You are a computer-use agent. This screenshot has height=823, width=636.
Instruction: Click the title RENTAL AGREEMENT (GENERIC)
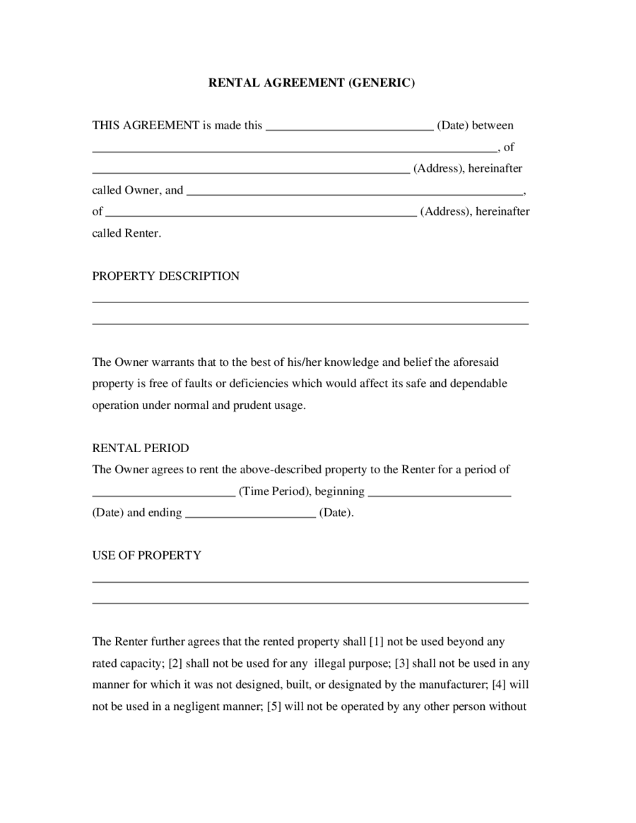(312, 83)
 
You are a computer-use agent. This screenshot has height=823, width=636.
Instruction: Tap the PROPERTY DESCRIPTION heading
(165, 276)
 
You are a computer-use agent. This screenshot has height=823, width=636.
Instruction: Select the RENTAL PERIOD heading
(141, 448)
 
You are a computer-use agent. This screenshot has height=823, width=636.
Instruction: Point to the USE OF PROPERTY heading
(146, 555)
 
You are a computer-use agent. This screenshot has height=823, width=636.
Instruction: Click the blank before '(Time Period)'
(163, 493)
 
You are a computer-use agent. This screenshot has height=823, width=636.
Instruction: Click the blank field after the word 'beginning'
(440, 493)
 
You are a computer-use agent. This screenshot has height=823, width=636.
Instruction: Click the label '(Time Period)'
(274, 491)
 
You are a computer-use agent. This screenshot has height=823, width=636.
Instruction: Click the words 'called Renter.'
(126, 233)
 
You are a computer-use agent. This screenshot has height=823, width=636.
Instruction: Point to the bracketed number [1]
(377, 642)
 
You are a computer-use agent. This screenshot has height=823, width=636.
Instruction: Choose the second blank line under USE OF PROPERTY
(310, 603)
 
